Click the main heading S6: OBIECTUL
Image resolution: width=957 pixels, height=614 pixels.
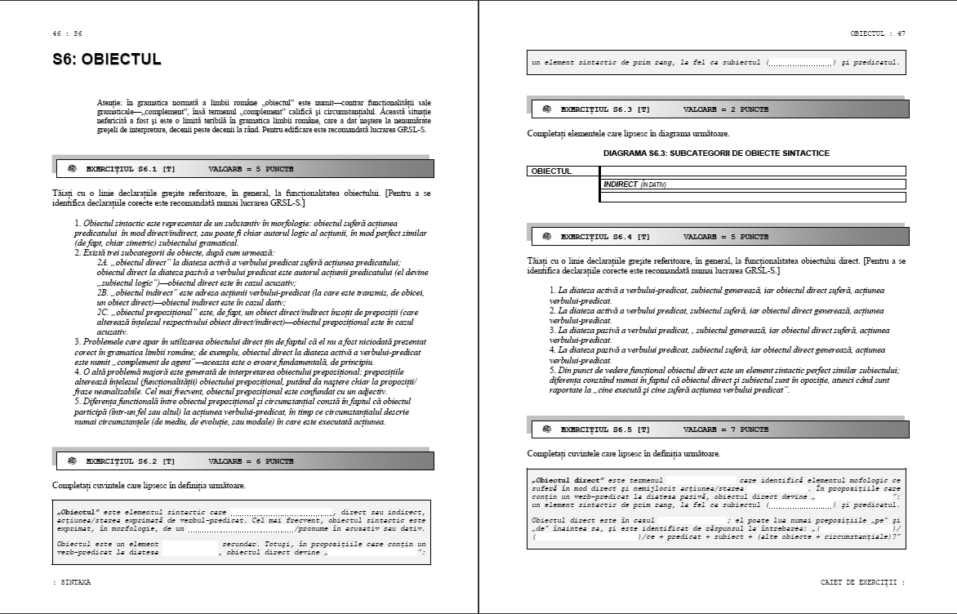click(106, 60)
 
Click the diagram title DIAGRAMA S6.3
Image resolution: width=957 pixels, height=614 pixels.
click(716, 153)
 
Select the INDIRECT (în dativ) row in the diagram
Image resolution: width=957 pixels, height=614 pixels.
click(752, 185)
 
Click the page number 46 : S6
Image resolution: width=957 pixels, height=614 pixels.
click(67, 33)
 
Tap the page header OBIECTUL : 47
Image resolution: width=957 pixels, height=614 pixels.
click(877, 33)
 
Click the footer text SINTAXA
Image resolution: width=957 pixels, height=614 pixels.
click(72, 582)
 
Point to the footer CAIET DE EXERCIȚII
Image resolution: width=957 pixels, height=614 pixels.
click(862, 582)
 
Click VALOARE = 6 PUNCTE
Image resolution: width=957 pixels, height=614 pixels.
click(251, 461)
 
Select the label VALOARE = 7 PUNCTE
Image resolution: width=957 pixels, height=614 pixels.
click(726, 429)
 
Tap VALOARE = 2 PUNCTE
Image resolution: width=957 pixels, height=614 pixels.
click(726, 109)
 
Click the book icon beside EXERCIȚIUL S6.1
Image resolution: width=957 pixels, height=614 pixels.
click(72, 169)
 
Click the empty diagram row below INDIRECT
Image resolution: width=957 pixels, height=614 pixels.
click(752, 197)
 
